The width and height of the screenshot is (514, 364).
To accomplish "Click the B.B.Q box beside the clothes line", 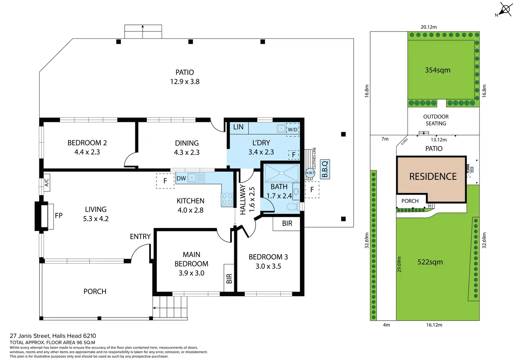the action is click(325, 169).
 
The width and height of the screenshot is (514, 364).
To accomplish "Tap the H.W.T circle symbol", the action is click(310, 173).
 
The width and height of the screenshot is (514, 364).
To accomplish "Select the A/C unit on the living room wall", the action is click(46, 183).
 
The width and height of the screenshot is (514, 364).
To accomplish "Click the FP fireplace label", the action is click(59, 215).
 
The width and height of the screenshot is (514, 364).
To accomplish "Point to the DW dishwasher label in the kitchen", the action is click(181, 178).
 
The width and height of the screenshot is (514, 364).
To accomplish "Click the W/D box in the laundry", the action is click(293, 130).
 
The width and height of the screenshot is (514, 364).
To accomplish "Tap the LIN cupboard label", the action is click(238, 127).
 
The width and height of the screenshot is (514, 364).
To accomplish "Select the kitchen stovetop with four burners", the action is click(227, 199).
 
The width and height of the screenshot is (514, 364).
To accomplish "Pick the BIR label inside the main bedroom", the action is click(229, 279).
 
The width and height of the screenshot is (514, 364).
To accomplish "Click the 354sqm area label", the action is click(438, 70).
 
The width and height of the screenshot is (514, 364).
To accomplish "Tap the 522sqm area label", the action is click(430, 262).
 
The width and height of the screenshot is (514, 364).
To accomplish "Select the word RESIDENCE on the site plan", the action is click(433, 177).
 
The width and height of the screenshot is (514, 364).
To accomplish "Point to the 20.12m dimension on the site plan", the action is click(429, 27).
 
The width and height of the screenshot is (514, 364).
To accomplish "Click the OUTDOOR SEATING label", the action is click(436, 120).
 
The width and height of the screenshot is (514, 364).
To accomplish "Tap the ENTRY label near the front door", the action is click(140, 236).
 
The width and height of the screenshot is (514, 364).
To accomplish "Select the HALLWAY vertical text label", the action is click(243, 200).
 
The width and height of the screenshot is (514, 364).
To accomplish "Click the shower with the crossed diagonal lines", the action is click(281, 173).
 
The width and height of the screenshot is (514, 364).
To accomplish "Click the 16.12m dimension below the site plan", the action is click(434, 325).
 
